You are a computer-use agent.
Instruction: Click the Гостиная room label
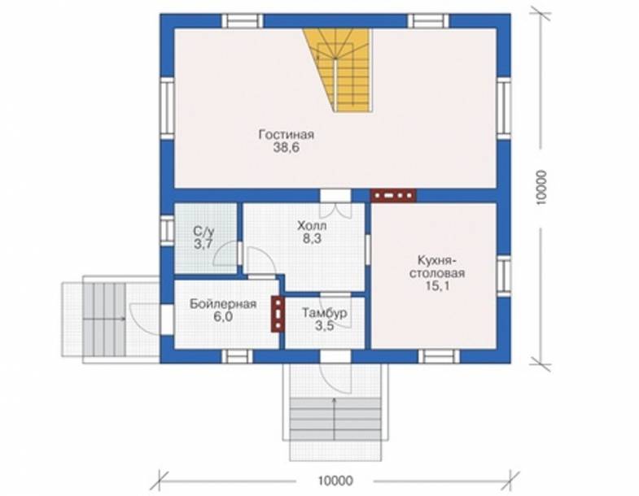point(286,135)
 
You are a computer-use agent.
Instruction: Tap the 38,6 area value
point(286,148)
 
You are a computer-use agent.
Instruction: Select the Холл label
point(312,225)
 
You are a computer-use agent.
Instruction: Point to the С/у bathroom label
point(204,232)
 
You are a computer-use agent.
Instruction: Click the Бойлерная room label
point(223,304)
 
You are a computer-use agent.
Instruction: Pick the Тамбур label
point(325,312)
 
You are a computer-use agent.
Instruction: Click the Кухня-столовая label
point(437,267)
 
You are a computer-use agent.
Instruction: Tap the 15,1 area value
point(437,286)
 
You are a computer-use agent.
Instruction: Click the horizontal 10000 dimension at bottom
point(335,481)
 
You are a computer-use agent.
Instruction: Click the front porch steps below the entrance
point(335,420)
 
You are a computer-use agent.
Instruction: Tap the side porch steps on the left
point(104,319)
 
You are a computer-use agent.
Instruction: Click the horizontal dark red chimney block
point(393,195)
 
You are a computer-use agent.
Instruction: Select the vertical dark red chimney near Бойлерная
point(278,313)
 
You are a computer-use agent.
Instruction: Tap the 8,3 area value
point(312,238)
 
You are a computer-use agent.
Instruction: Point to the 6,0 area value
point(223,316)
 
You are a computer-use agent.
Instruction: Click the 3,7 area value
point(204,244)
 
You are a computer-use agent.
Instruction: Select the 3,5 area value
point(325,325)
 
